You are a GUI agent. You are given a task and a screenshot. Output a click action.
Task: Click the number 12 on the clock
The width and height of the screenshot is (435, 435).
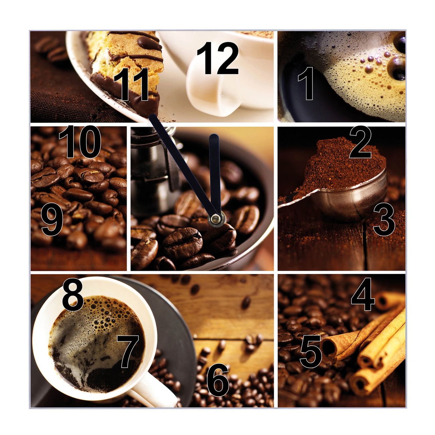coord(218,58)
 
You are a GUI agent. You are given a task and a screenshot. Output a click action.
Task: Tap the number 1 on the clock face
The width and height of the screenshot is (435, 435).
coord(306,83)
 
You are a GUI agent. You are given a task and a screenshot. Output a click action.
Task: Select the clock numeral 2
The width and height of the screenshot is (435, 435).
coord(360,142)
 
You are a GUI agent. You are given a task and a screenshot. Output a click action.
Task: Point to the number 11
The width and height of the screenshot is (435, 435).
coord(131,84)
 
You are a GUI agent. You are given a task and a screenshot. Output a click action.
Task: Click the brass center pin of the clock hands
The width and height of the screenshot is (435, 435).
coord(216,218)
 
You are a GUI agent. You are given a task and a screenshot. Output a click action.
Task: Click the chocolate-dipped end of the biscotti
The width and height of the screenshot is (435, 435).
coord(125,95)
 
